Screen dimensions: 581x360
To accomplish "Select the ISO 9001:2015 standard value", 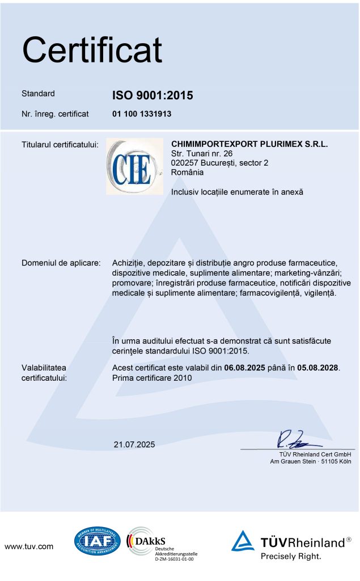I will [153, 95].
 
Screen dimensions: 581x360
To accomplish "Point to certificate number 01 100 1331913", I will [142, 114].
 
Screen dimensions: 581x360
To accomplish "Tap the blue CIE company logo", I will [134, 167].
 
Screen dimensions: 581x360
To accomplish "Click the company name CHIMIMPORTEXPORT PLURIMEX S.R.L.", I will [249, 144].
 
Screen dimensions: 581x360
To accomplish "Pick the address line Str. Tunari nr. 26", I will [202, 154].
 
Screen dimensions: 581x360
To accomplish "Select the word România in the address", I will [187, 172].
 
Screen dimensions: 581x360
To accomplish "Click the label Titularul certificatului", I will [60, 145].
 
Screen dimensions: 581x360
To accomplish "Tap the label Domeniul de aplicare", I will [61, 263].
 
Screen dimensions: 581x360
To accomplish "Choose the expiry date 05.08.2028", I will [314, 368].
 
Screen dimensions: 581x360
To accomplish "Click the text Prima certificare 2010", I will [153, 377].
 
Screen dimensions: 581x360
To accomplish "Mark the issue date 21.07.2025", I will [134, 444].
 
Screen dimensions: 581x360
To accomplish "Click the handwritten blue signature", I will [293, 439].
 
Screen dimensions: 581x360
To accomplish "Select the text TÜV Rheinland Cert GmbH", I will [315, 454].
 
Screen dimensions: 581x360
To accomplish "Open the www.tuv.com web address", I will [29, 546].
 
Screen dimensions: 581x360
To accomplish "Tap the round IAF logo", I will [98, 541].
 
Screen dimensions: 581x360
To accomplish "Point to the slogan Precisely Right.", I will [291, 556].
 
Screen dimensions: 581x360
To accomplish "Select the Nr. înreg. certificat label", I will [55, 114].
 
